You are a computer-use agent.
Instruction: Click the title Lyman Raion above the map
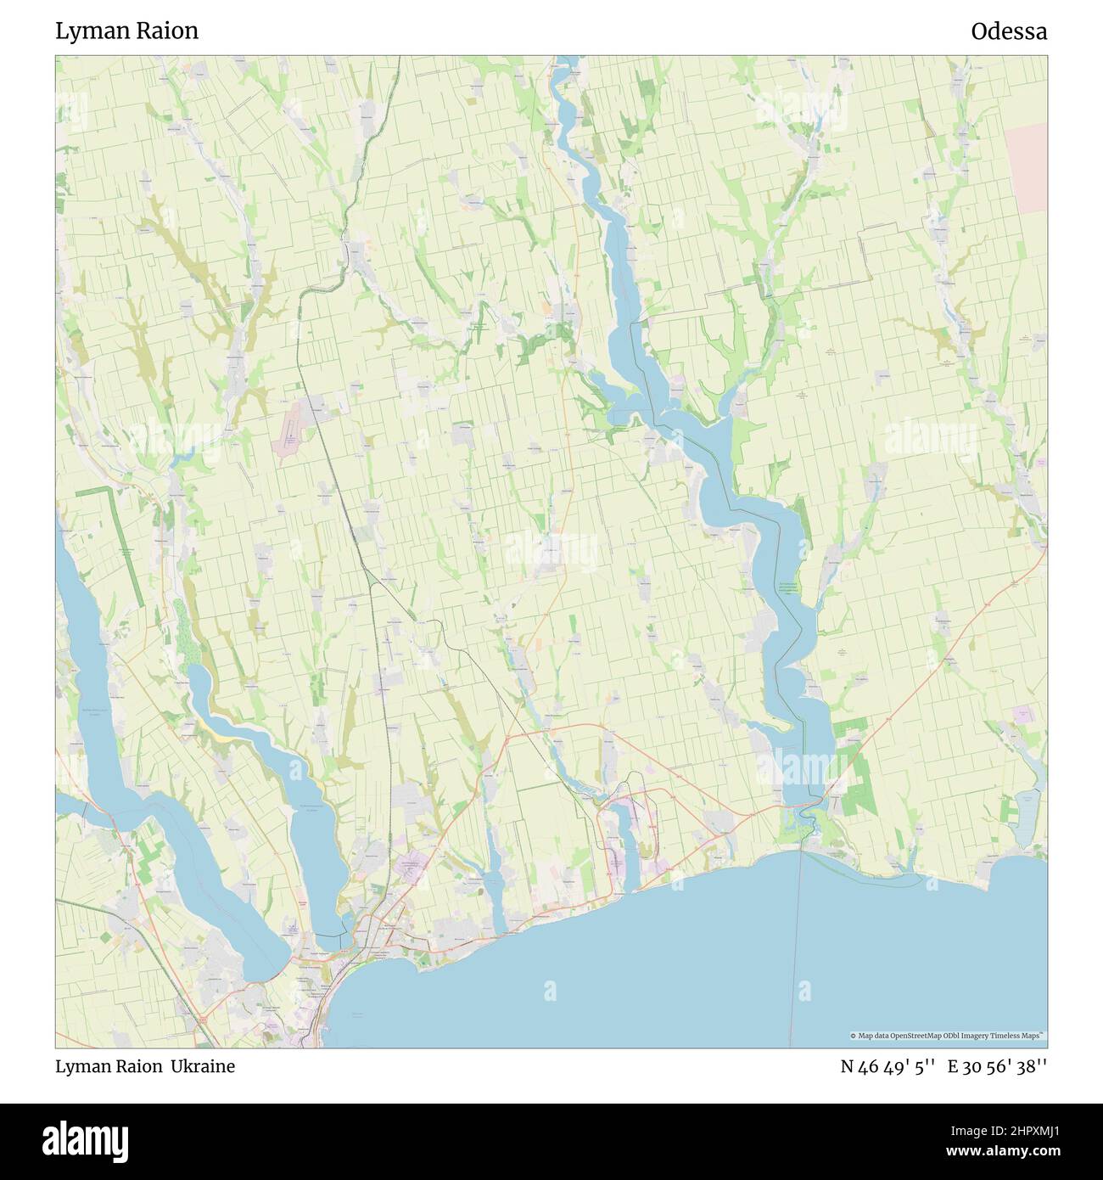coord(126,31)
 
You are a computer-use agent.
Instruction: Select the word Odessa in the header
coord(1009,31)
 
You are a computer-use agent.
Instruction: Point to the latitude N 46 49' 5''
coord(887,1066)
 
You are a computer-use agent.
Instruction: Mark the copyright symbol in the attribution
coord(854,1037)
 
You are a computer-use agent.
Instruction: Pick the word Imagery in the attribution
coord(983,1037)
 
